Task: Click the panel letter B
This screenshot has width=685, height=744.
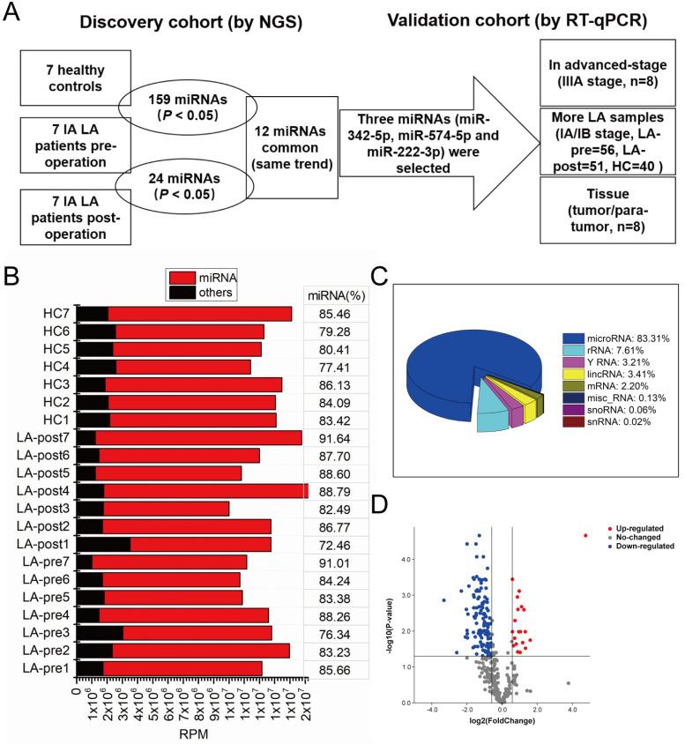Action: pyautogui.click(x=11, y=278)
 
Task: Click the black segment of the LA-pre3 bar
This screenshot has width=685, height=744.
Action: pyautogui.click(x=100, y=633)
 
